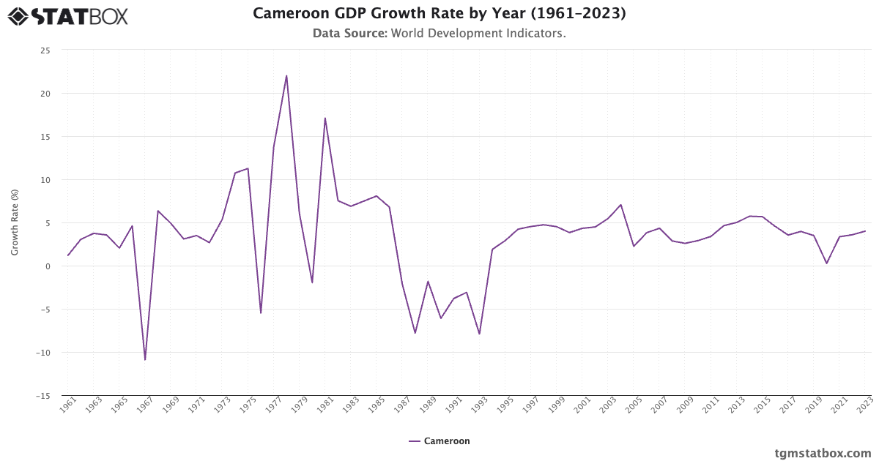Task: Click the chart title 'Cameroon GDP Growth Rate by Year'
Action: point(439,13)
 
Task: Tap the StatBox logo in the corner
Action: point(67,15)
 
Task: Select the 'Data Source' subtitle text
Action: point(439,33)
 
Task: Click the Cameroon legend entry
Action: point(439,441)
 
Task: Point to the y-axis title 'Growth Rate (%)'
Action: point(15,222)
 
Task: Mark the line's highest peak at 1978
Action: point(286,75)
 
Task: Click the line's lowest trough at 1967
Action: point(145,359)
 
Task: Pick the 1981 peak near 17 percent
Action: point(324,118)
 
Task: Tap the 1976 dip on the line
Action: point(261,313)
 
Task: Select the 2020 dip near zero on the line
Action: point(826,263)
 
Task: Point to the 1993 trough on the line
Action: point(479,334)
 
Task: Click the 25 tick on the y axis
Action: point(45,50)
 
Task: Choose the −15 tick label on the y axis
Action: point(43,395)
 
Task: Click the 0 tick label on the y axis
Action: point(48,266)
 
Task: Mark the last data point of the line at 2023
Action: point(865,231)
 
